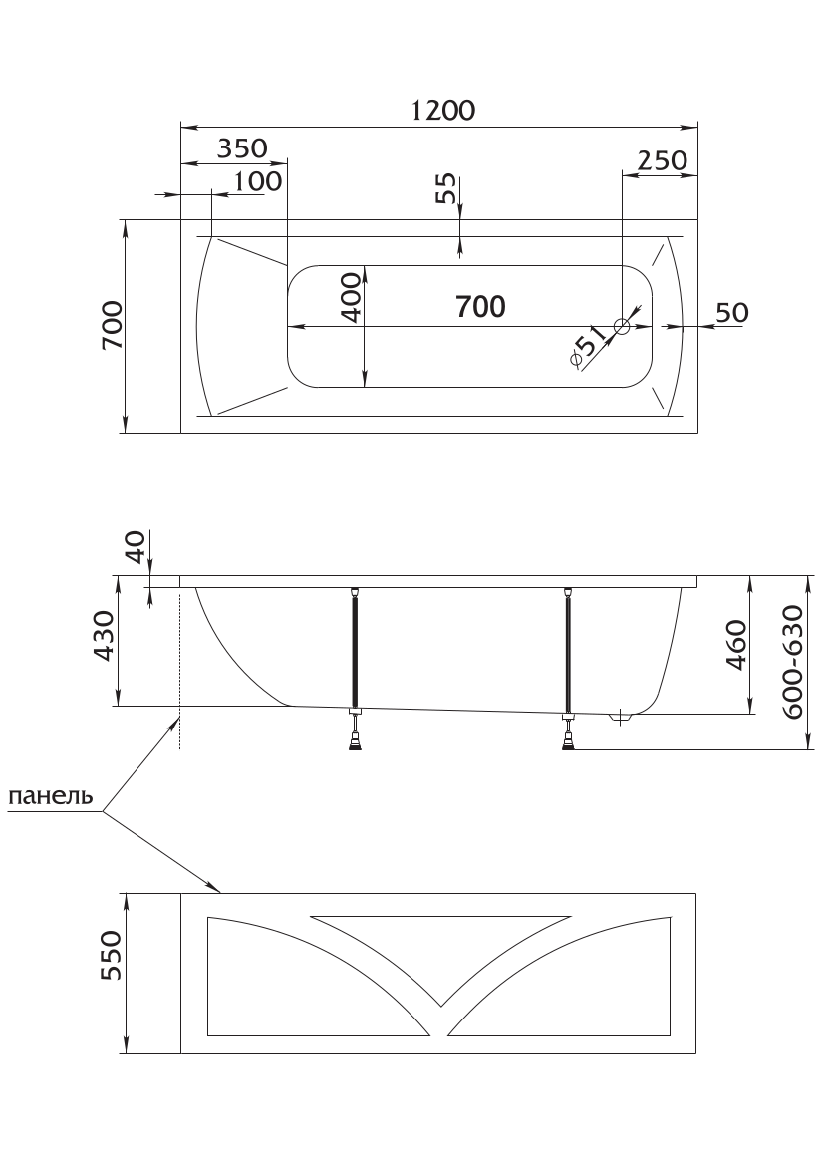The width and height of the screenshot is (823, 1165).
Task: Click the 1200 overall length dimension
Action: tap(442, 110)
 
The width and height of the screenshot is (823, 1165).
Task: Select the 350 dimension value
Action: tap(242, 148)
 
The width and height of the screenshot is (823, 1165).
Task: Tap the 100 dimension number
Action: tap(258, 181)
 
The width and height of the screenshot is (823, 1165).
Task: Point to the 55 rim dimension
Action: tap(445, 189)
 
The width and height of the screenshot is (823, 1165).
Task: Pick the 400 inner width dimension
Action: tap(351, 297)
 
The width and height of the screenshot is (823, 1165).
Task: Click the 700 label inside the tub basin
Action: tap(480, 306)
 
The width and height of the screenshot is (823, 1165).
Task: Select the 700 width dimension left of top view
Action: tap(113, 325)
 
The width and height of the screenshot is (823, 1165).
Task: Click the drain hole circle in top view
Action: tap(622, 326)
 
